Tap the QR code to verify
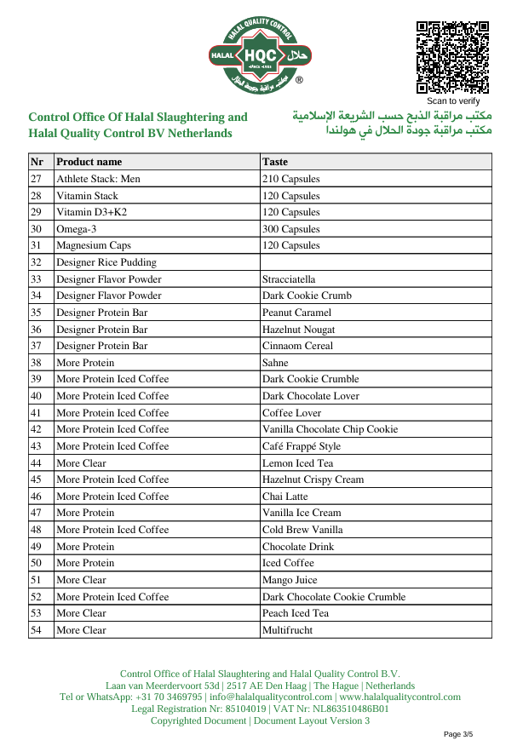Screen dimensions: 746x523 tap(452, 57)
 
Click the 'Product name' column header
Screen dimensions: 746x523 tap(89, 162)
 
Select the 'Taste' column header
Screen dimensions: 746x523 tap(275, 162)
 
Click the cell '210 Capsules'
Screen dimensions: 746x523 tap(291, 179)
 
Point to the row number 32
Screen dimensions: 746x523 tap(37, 262)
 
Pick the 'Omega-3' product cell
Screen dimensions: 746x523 tap(77, 229)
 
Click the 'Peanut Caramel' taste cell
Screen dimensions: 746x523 tap(297, 313)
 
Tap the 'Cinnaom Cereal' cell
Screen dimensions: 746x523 tap(297, 346)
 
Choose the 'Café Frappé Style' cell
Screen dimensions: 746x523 tap(302, 446)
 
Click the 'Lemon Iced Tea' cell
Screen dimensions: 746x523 tap(298, 462)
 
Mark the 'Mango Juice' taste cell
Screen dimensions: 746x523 tap(290, 580)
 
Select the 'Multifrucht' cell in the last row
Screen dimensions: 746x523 tap(288, 630)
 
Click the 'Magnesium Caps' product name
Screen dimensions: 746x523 tap(94, 245)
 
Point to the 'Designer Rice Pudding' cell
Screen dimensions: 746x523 tap(106, 262)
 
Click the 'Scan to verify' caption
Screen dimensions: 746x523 tap(453, 100)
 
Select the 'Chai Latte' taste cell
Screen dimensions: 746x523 tap(285, 496)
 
